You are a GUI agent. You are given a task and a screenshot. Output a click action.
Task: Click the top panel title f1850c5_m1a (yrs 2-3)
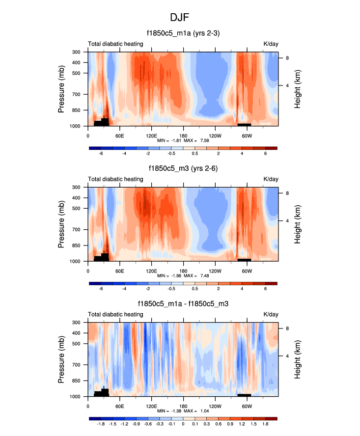coord(183,33)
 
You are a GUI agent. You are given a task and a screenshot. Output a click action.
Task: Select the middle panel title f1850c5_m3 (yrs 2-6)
coord(183,168)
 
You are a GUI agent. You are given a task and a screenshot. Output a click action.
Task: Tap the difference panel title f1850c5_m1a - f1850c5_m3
coord(183,304)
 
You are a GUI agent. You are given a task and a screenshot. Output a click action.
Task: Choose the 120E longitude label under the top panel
coord(151,135)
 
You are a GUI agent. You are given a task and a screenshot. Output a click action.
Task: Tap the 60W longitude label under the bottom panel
coord(247,406)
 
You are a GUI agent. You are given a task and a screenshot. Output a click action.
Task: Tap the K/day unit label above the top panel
coord(271,44)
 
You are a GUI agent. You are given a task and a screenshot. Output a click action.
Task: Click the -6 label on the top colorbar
coord(101,154)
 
